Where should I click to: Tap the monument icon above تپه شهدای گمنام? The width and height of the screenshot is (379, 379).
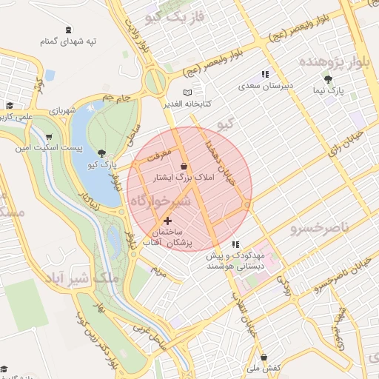[x=69, y=30]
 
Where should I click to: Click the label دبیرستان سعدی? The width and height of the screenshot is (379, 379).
[x=266, y=86]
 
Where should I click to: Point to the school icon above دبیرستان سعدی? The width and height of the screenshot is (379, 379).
[x=265, y=74]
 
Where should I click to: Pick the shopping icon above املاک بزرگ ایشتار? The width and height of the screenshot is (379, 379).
[x=183, y=166]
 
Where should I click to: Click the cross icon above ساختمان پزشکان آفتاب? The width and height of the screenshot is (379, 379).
[x=167, y=220]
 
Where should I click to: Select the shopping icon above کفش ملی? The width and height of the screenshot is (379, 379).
[x=264, y=357]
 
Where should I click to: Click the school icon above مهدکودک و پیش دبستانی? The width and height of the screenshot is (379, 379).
[x=235, y=244]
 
